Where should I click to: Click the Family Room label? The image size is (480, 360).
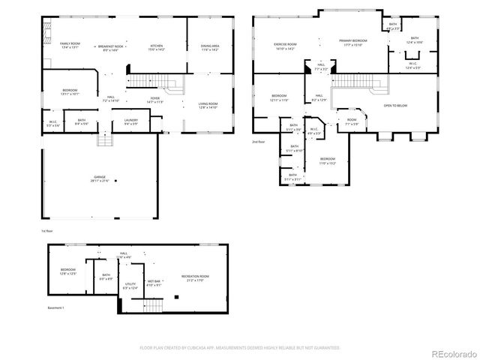(x=70, y=43)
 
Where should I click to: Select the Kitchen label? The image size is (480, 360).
(x=156, y=46)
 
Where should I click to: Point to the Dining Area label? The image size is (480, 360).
(x=209, y=46)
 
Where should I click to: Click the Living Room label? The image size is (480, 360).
(x=207, y=103)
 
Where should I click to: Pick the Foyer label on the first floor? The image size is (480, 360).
(x=155, y=97)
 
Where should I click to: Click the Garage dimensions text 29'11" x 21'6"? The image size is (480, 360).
(x=100, y=181)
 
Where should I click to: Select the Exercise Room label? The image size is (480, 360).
(x=285, y=43)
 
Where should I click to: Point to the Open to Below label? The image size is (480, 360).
(x=397, y=105)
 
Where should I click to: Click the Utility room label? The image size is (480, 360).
(x=130, y=283)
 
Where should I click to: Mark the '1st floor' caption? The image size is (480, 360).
(x=47, y=232)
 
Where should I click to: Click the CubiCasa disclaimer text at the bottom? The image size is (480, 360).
(x=240, y=347)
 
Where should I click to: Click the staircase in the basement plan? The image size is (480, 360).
(x=153, y=304)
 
